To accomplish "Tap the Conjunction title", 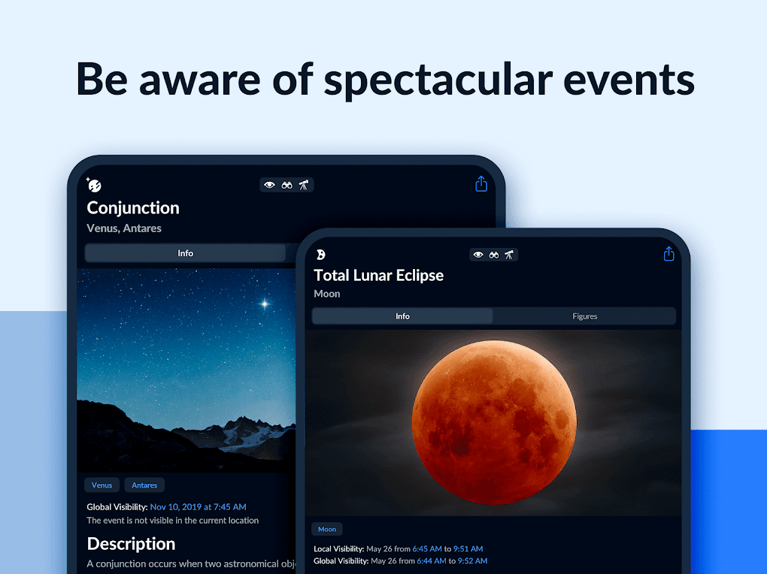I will (x=133, y=208).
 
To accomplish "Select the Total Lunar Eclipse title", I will (x=378, y=276).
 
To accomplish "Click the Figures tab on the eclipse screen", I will (x=584, y=316).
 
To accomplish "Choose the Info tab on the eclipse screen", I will (x=402, y=316).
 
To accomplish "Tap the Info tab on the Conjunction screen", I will (x=185, y=253).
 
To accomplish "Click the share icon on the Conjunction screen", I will (x=481, y=184).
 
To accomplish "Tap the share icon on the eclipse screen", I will (x=668, y=254).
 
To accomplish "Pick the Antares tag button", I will (x=144, y=485).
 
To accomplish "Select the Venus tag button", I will (x=102, y=485).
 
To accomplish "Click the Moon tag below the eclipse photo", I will (x=327, y=529).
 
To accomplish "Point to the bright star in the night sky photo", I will (x=264, y=304).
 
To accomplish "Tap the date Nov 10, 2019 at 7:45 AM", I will (x=198, y=507).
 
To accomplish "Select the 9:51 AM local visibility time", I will (x=468, y=549).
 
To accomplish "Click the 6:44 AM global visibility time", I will (x=429, y=561).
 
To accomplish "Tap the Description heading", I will (x=131, y=544).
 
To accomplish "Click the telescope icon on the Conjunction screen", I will (x=304, y=185).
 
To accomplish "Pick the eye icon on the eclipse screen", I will (x=477, y=255).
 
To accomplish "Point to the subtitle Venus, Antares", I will (x=124, y=228).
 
